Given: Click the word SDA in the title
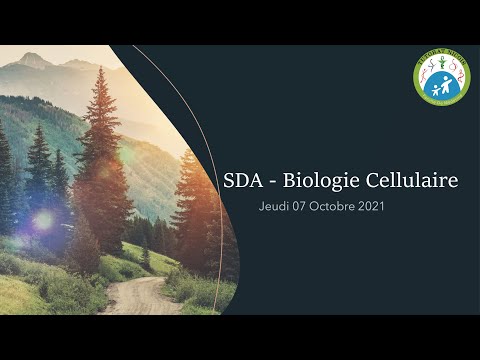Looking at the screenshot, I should click(244, 181).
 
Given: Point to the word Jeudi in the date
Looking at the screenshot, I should click(274, 206).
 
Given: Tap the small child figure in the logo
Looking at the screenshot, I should click(436, 88).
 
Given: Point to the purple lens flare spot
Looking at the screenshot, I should click(43, 220).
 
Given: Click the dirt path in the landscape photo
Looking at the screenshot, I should click(140, 297).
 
